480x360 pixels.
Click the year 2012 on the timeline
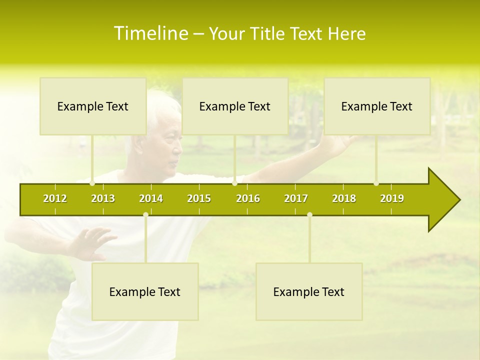coord(55,198)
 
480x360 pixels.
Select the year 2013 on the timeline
coord(103,198)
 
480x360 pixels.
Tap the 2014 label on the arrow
coord(151,198)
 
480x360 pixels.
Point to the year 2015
coord(199,198)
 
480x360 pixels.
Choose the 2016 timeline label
coord(248,198)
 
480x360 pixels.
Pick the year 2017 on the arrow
coord(296,198)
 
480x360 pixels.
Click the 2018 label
coord(344,198)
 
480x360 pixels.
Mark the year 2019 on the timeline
coord(392,198)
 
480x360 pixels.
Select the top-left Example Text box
coord(93,106)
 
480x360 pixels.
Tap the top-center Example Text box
coord(235,106)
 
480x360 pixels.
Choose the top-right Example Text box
coord(377,106)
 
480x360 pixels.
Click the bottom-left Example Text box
coord(145,291)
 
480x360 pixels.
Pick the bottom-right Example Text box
coord(309,291)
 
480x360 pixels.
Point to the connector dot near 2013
coord(92,183)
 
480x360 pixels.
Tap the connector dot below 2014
coord(145,214)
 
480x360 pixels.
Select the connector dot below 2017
coord(309,214)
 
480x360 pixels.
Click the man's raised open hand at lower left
coord(90,242)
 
